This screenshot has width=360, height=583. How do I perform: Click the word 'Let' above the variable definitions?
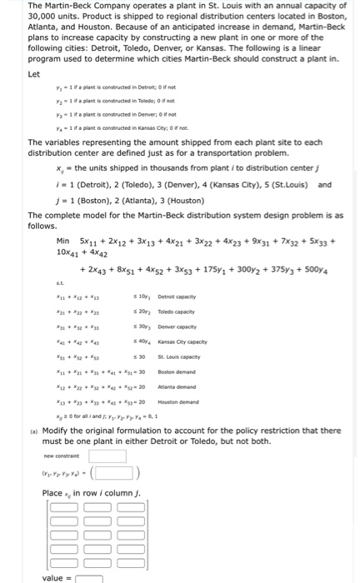(34, 73)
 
